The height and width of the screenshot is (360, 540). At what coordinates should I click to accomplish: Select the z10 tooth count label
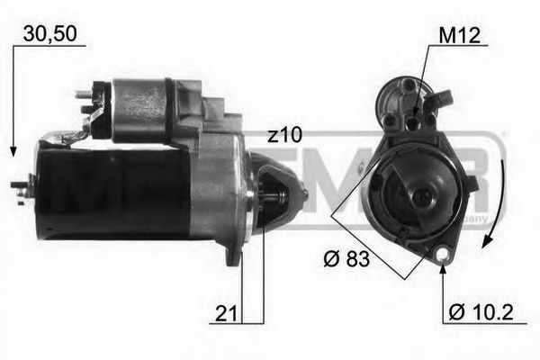tap(284, 134)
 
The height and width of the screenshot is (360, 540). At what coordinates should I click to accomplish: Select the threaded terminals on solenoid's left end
tap(87, 99)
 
